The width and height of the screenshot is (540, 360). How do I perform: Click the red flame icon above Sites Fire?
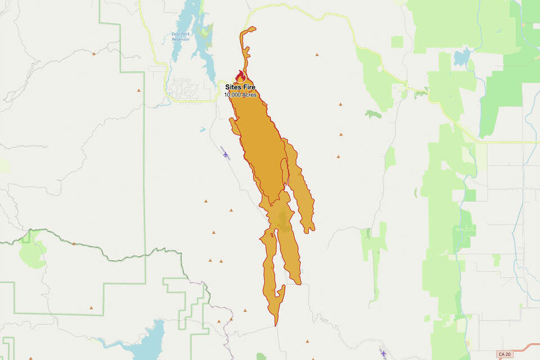click(241, 76)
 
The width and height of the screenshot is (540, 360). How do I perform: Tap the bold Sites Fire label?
click(240, 88)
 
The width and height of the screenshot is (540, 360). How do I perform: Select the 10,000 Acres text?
click(240, 95)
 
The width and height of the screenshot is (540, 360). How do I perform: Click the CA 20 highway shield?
click(505, 354)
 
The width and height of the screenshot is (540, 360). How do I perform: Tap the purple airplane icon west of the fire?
click(226, 154)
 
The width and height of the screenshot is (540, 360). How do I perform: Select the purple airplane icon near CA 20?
click(384, 353)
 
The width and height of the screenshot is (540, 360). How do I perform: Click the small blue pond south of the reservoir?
click(202, 129)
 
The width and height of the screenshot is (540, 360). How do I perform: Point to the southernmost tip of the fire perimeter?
click(275, 326)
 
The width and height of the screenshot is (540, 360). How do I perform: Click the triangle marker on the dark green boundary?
click(74, 244)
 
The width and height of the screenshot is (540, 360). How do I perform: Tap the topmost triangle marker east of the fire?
click(317, 55)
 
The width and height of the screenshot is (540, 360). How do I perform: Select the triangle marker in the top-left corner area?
click(93, 53)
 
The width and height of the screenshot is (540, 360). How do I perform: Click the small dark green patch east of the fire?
click(372, 114)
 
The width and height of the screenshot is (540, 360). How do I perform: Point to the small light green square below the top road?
click(397, 42)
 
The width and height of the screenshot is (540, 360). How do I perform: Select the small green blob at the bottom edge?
click(261, 357)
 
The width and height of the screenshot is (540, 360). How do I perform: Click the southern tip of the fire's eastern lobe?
click(308, 231)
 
